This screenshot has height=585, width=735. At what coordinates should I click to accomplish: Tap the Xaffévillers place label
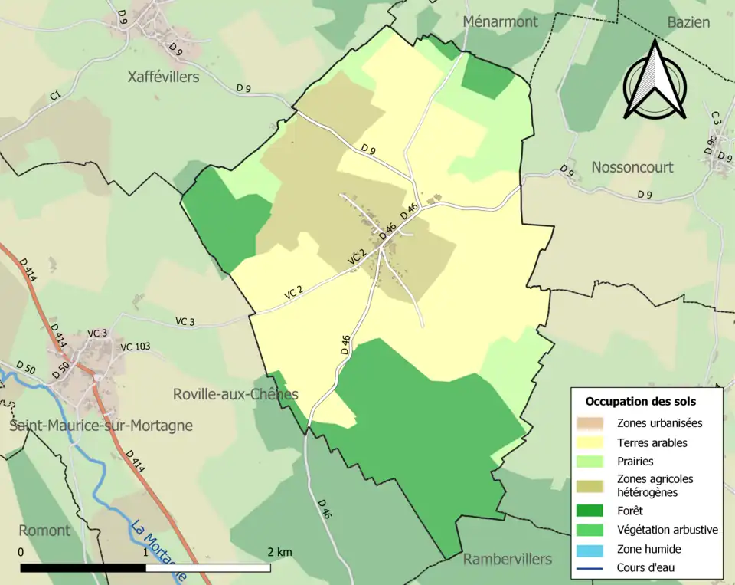click(x=163, y=77)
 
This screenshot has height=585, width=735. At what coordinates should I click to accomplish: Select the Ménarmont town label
click(x=501, y=21)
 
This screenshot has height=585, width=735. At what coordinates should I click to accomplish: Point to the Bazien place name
click(x=688, y=22)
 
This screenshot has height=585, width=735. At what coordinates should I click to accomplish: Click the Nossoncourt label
click(x=632, y=167)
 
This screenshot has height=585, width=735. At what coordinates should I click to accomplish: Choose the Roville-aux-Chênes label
click(x=235, y=394)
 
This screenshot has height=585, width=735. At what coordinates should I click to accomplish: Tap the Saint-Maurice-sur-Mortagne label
click(x=101, y=426)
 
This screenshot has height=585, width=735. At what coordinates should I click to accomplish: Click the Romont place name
click(x=44, y=531)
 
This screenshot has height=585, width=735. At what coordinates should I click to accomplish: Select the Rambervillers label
click(x=507, y=559)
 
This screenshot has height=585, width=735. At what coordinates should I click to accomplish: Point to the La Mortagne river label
click(x=158, y=549)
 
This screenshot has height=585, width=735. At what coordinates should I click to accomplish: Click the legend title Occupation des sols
click(x=640, y=401)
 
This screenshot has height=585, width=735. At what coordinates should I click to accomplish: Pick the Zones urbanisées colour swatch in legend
click(x=591, y=422)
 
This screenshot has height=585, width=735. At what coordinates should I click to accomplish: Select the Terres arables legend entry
click(x=652, y=442)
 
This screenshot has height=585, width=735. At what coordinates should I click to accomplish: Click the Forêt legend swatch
click(x=591, y=510)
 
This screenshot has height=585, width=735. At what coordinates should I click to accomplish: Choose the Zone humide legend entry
click(x=648, y=549)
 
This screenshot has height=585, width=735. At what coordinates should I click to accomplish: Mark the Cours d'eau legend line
click(x=591, y=568)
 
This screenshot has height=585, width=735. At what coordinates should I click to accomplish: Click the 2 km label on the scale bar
click(x=279, y=552)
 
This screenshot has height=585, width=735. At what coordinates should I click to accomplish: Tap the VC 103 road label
click(x=135, y=347)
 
